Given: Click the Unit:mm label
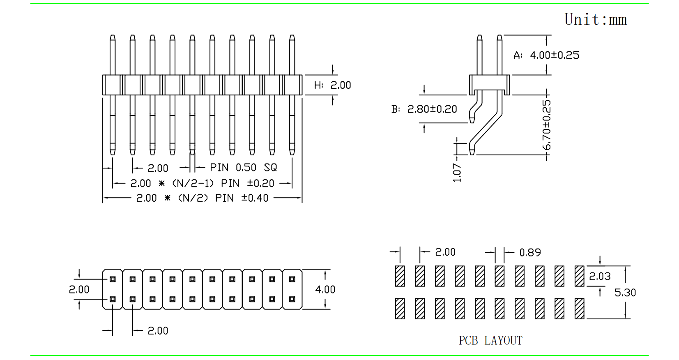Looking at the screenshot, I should pos(596,19).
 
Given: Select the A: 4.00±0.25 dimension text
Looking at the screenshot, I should pos(546,55).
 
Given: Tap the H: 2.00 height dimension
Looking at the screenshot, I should pos(332,85).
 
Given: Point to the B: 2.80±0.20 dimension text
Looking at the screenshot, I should pos(424,109).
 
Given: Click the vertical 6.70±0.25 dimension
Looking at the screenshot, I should pos(546,125).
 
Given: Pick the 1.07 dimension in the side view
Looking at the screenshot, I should pos(457,172).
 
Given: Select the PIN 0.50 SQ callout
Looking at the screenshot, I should pos(243,168).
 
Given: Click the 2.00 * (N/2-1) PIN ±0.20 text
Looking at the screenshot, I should pos(202,183).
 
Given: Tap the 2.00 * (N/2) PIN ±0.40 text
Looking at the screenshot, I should pos(202,198).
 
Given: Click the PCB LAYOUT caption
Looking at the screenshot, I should pos(490,341).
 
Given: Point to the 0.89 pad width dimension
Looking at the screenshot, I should pos(530,252).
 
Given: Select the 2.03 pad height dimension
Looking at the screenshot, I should pos(600,276).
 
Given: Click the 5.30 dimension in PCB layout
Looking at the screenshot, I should pos(625,293).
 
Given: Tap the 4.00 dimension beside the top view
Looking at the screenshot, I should pos(325,290).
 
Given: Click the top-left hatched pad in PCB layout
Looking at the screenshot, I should pos(400,276).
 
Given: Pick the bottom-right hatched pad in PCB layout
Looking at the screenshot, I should pos(579,309).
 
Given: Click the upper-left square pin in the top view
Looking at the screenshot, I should pos(113,279).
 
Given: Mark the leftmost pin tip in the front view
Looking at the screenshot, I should pos(113,38).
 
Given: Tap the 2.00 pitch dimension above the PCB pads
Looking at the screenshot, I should pos(445,252).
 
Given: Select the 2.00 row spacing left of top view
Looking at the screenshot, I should pos(79,290).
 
